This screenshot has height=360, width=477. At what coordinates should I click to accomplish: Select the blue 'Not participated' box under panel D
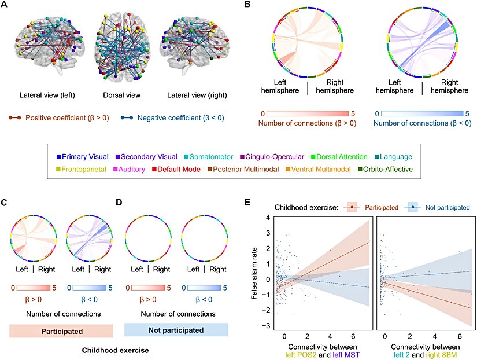[176, 330]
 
